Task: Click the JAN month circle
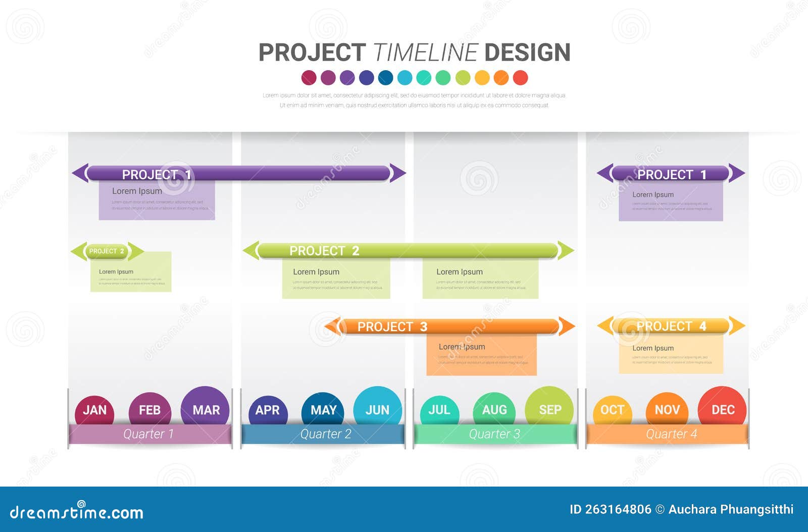coord(94,409)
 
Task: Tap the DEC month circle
coord(722,409)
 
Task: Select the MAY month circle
coord(323,409)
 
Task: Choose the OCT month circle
coord(612,409)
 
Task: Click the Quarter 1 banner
coord(149,434)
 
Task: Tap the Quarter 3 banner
coord(495,434)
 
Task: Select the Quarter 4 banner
coord(668,434)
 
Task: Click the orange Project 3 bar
coord(449,327)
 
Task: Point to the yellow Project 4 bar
coord(671,326)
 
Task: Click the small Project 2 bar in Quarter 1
coord(107,251)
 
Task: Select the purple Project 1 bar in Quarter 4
coord(671,174)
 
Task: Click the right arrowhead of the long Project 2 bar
coord(566,250)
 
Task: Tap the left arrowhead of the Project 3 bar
coord(332,327)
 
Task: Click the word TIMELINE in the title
coord(425,52)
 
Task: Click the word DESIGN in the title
coord(527,52)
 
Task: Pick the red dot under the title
coord(520,78)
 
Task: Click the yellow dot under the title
coord(482,78)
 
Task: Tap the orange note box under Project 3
coord(481,355)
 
